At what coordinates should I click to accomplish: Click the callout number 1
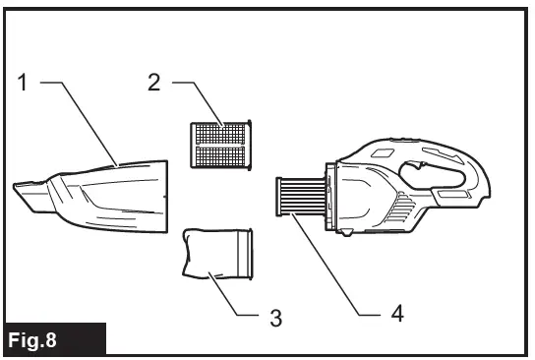(23, 83)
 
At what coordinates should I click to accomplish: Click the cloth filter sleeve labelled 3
(214, 254)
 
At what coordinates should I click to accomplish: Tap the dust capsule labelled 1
(108, 191)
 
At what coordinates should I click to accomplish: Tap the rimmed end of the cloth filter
(246, 254)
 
